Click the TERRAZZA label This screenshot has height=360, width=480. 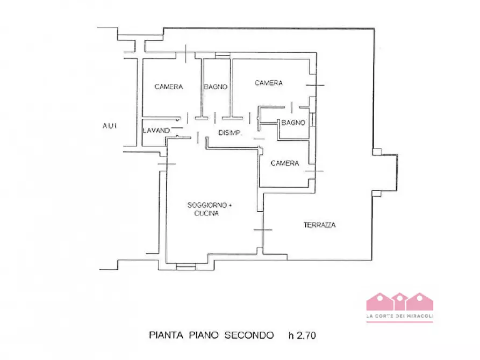[320, 225]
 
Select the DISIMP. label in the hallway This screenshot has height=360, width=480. [230, 133]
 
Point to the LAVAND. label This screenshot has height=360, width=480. [157, 131]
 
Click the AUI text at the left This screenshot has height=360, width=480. [110, 126]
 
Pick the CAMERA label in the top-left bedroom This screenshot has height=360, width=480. [169, 87]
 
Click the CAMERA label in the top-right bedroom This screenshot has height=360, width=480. [268, 83]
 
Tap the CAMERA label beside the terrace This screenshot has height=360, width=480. [285, 163]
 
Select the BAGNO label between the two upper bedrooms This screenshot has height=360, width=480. [216, 87]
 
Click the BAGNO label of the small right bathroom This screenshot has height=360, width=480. [293, 123]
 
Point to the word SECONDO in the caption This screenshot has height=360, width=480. [249, 335]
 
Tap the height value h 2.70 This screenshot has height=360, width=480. [302, 335]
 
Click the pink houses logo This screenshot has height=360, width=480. [400, 302]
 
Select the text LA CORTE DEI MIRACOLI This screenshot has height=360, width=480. [400, 316]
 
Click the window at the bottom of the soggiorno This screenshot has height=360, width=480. [186, 267]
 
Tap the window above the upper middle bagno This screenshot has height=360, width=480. [223, 55]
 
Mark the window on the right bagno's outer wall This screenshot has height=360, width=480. [312, 120]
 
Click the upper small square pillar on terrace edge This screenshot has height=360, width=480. [377, 152]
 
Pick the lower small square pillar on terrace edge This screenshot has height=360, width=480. [377, 193]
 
